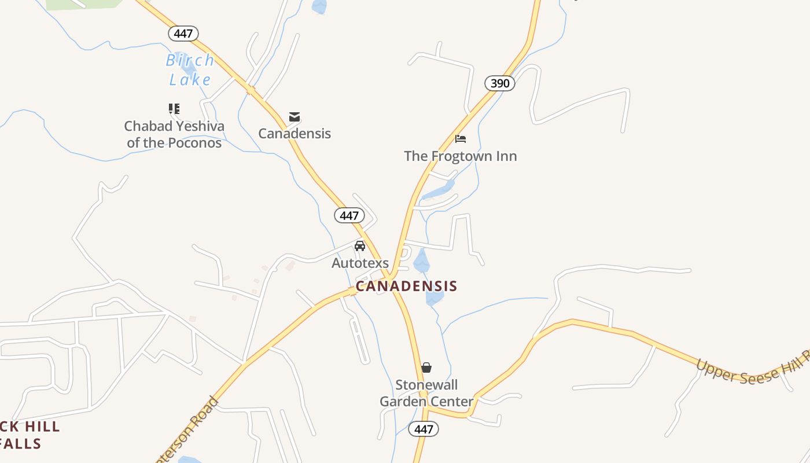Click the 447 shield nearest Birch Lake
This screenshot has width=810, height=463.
(x=183, y=34)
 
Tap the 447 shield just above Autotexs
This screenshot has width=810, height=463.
(x=349, y=216)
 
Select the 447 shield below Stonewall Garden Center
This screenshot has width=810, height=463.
(x=424, y=429)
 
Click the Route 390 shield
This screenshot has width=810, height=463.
(x=500, y=83)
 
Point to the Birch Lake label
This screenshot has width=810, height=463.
(x=190, y=69)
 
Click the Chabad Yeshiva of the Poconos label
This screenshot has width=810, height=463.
(x=174, y=134)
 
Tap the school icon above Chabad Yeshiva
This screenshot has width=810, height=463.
(x=174, y=109)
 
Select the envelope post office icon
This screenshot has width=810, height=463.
(x=294, y=117)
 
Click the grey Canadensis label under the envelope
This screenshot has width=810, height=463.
(x=294, y=134)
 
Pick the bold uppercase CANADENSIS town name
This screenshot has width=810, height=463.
(x=406, y=286)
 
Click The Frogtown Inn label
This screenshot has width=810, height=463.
(x=461, y=156)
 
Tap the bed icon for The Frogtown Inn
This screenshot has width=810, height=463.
(x=461, y=139)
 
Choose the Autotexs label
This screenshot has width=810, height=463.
(x=360, y=263)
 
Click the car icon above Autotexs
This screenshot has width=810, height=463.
(x=360, y=246)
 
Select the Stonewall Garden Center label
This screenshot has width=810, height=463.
(x=426, y=393)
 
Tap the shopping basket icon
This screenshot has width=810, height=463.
(x=426, y=368)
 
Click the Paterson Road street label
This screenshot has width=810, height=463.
(x=188, y=431)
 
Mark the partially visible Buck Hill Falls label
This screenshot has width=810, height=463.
(x=29, y=435)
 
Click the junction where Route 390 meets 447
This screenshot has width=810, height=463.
(x=392, y=275)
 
